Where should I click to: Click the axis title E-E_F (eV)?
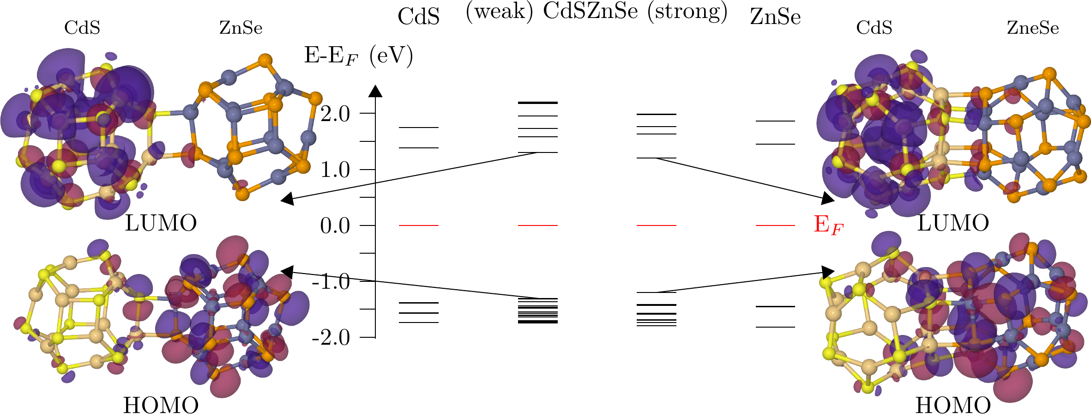(358, 57)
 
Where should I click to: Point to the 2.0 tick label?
(335, 114)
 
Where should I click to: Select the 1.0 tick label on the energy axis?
(335, 170)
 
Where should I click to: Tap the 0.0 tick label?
(335, 226)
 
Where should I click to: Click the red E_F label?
(828, 225)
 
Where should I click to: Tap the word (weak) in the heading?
(499, 11)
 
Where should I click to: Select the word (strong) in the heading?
(687, 11)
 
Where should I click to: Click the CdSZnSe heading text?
(590, 11)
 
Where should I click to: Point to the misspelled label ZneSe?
(1033, 28)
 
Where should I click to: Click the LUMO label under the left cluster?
(161, 224)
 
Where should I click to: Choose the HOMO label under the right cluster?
(953, 405)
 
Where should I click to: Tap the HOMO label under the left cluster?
(161, 405)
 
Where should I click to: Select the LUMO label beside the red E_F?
(953, 224)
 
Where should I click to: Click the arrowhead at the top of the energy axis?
(375, 91)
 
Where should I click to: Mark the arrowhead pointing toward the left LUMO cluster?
(287, 199)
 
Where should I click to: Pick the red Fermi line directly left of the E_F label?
(775, 225)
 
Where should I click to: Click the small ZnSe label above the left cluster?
(241, 28)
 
